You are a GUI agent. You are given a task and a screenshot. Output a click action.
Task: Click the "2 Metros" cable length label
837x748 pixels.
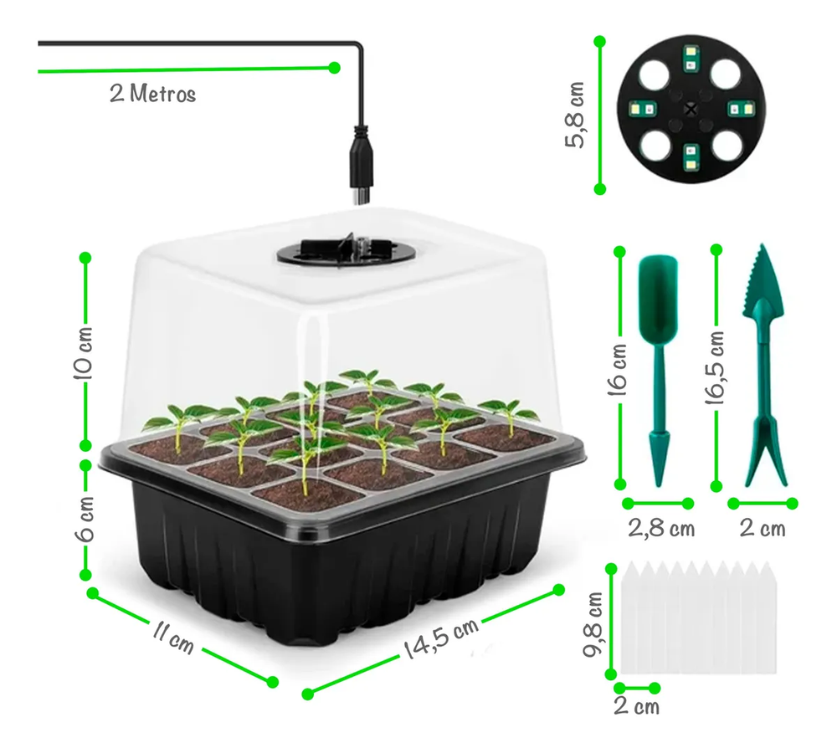pyautogui.click(x=152, y=94)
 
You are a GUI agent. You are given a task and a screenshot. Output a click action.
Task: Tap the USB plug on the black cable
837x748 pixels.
pyautogui.click(x=360, y=166)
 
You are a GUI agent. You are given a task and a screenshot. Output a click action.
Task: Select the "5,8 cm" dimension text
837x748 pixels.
pyautogui.click(x=576, y=115)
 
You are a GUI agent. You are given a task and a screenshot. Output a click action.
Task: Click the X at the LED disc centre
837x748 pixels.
pyautogui.click(x=691, y=110)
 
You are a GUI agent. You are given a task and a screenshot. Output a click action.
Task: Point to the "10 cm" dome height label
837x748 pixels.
pyautogui.click(x=84, y=352)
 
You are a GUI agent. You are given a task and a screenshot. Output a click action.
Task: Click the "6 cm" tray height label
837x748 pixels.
pyautogui.click(x=85, y=519)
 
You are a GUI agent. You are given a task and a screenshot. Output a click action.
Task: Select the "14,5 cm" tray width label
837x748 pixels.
pyautogui.click(x=441, y=638)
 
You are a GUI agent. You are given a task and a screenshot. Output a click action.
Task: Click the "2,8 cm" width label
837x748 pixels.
pyautogui.click(x=661, y=529)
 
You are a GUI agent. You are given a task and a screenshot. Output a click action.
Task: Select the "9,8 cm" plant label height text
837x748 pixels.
pyautogui.click(x=593, y=624)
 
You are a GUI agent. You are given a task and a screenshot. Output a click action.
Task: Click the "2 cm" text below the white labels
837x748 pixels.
pyautogui.click(x=636, y=706)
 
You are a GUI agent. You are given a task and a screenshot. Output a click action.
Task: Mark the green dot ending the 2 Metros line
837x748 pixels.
pyautogui.click(x=335, y=68)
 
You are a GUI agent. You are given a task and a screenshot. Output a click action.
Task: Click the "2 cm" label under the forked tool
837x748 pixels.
pyautogui.click(x=763, y=529)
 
